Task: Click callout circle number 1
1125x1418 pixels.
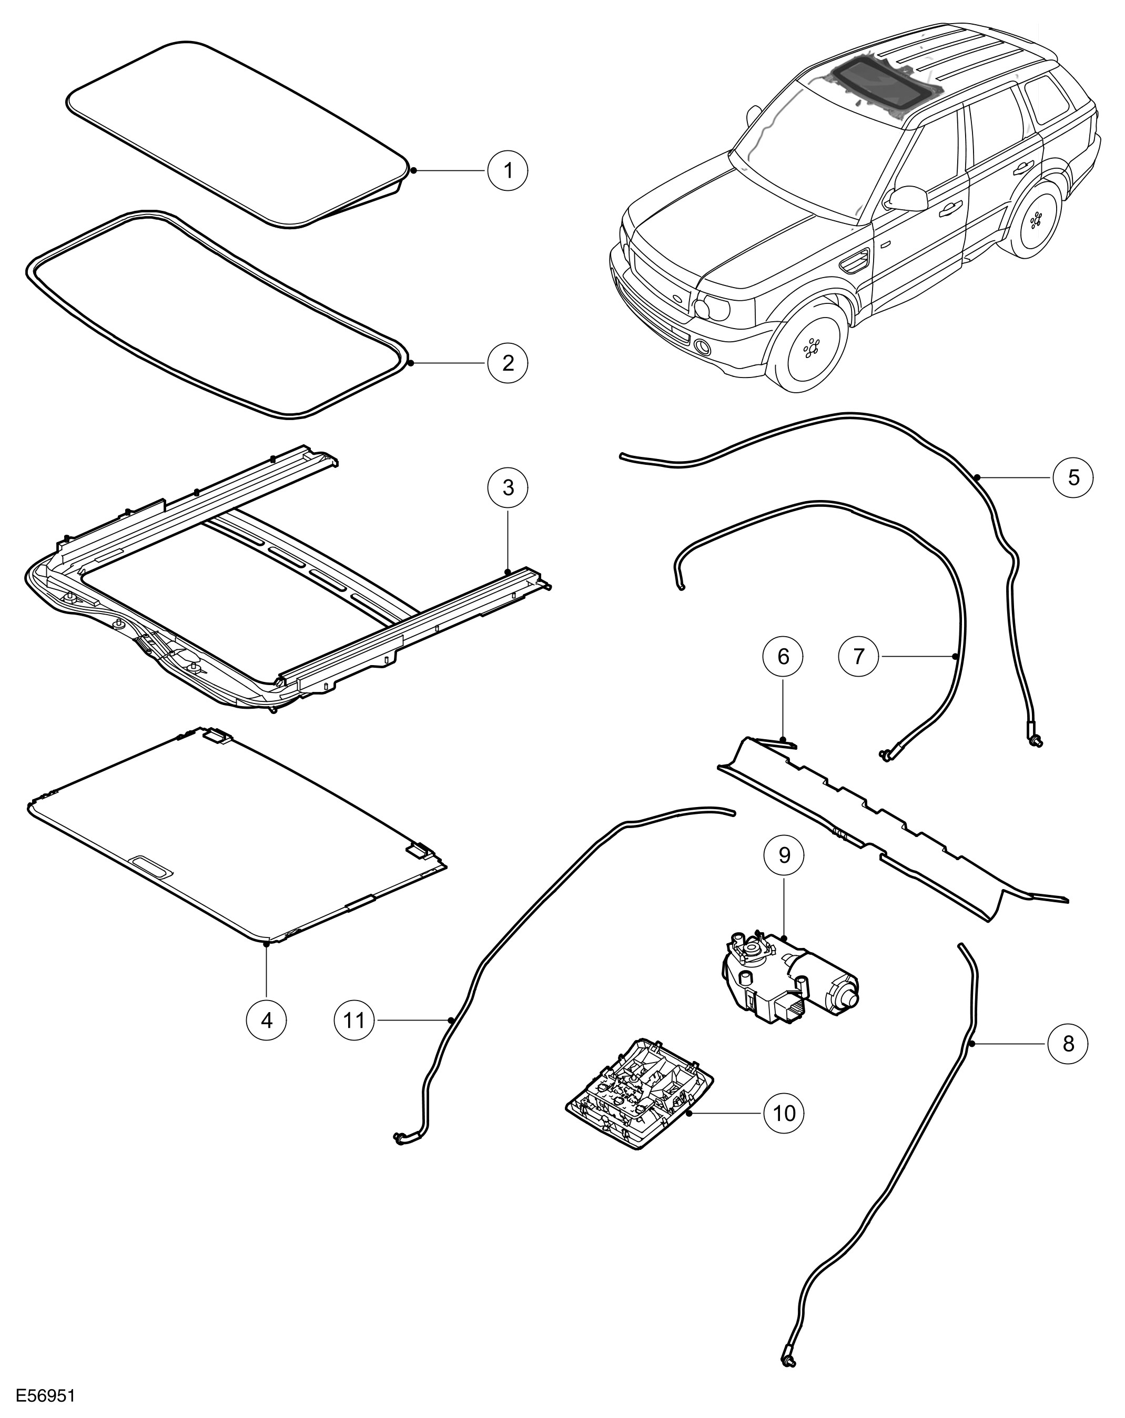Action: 507,170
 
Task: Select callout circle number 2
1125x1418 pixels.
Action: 507,362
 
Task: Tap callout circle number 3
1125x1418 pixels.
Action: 507,487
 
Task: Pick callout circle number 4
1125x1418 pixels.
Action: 267,1020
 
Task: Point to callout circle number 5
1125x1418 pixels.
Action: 1073,477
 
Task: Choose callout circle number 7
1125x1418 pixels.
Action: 858,656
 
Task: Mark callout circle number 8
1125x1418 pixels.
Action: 1068,1062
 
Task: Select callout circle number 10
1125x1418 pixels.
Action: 784,1113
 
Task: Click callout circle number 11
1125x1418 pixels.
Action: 354,1020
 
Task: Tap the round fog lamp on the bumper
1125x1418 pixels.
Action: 703,348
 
